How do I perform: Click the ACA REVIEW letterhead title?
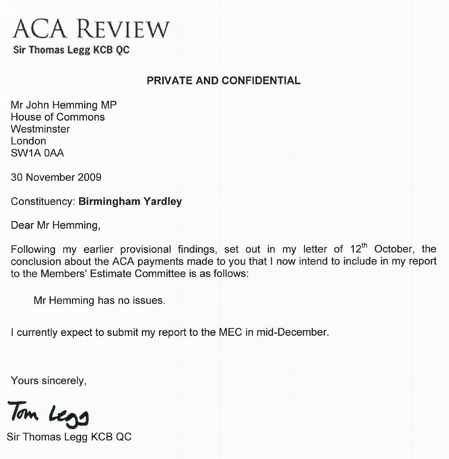[91, 29]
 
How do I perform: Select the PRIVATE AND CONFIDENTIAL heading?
[224, 81]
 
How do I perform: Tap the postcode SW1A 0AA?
[37, 153]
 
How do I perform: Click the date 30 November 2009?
[56, 177]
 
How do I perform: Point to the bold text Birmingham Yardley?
[130, 201]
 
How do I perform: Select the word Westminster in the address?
[40, 129]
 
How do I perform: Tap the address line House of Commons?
[58, 117]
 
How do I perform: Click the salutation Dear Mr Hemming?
[55, 225]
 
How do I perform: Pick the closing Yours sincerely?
[49, 381]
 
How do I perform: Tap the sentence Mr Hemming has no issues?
[99, 300]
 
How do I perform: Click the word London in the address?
[28, 141]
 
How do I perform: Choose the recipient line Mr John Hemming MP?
[63, 105]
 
